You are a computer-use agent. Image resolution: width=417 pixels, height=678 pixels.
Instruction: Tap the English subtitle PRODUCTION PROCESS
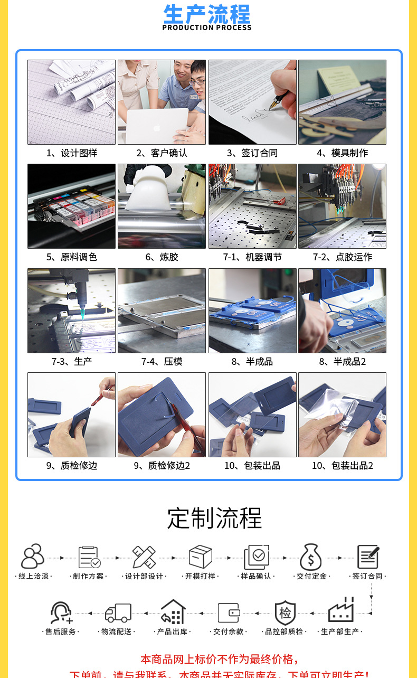coord(207,28)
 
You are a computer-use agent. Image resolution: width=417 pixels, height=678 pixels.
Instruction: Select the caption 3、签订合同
coord(252,153)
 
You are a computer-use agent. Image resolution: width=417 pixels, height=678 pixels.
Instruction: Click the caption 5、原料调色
coord(72,257)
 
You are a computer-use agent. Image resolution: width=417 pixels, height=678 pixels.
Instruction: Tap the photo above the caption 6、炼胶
coord(162,206)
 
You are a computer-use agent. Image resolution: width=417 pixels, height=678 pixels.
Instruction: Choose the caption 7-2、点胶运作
coord(342,257)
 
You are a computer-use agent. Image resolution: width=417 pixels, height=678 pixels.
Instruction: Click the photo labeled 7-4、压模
coord(162,310)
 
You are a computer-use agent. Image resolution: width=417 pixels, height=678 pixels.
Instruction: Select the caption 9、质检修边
coord(72,466)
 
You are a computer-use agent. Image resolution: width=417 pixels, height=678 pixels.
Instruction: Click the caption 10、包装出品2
coord(342,466)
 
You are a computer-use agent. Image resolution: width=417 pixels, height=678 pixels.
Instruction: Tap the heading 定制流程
coord(214,518)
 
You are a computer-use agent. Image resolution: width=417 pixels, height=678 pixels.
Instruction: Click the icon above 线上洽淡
coord(33,557)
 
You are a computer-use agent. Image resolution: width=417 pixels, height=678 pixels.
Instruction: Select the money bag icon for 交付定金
coord(311,557)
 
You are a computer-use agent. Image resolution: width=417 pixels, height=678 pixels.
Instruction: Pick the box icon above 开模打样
coord(201,557)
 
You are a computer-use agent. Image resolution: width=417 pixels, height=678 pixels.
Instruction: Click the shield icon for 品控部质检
coord(285,613)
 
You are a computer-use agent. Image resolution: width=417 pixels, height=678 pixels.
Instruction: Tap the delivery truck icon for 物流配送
coord(118,613)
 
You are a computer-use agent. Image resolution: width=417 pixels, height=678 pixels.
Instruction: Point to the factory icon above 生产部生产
coord(341,611)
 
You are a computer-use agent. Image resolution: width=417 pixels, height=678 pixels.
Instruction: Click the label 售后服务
coord(61,632)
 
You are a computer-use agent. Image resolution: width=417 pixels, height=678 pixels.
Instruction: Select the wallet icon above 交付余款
coord(229,613)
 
